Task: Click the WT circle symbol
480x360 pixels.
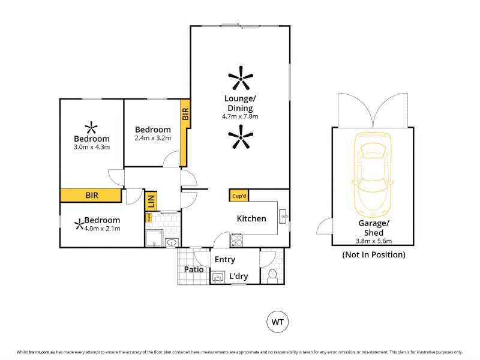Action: [277, 322]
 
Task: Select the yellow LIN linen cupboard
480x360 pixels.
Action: [151, 201]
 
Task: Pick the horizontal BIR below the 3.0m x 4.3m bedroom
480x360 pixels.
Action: [92, 196]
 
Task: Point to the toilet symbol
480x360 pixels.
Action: [272, 275]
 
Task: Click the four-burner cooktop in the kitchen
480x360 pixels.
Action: [236, 240]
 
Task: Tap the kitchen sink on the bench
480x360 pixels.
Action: [284, 214]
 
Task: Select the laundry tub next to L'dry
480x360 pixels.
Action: [218, 277]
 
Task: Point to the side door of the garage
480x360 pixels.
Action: [325, 227]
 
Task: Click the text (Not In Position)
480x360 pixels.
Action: [373, 254]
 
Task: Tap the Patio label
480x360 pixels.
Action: [193, 270]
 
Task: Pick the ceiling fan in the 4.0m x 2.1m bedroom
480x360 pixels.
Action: [79, 224]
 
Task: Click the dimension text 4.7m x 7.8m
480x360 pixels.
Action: [240, 116]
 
